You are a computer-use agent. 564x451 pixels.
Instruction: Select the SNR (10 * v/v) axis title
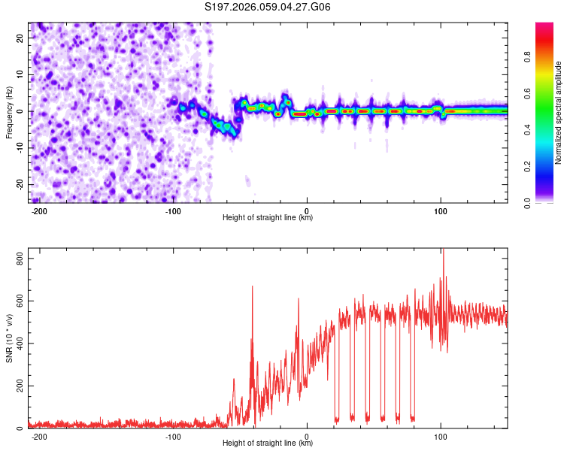(x=9, y=337)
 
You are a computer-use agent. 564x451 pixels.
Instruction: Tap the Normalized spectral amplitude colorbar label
(x=559, y=113)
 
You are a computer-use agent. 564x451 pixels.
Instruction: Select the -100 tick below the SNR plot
(x=173, y=437)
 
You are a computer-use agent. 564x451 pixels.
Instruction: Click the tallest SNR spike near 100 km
(x=443, y=250)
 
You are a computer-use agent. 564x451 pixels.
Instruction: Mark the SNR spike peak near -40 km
(x=252, y=286)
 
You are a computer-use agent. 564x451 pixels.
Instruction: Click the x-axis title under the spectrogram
(x=268, y=218)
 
